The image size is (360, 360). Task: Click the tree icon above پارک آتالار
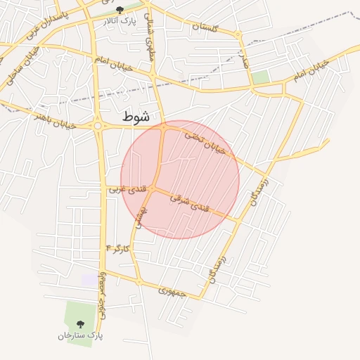(x=119, y=9)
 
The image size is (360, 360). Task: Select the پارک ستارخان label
(x=80, y=335)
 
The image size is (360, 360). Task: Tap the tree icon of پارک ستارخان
(x=79, y=324)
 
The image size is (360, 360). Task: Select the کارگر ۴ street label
(x=117, y=248)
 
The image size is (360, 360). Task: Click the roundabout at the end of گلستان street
(x=238, y=34)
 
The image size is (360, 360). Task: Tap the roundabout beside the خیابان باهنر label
(x=96, y=126)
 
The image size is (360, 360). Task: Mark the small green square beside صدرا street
(x=261, y=77)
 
